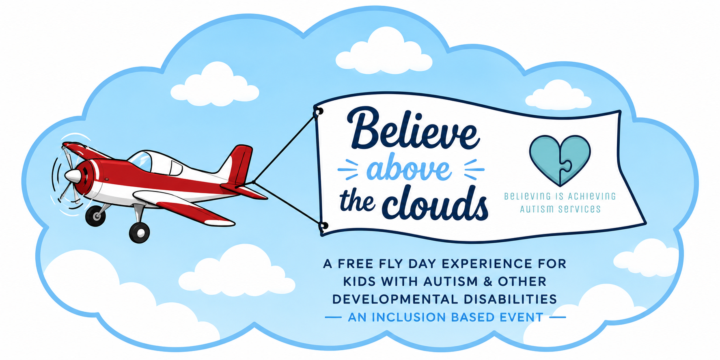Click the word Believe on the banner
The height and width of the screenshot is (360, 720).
413,129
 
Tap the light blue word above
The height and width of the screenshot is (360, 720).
409,169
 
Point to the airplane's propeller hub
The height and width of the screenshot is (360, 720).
73,176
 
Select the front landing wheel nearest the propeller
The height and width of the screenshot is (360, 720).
95,216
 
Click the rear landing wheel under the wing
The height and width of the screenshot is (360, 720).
139,233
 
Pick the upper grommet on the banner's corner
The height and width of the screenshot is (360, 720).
319,111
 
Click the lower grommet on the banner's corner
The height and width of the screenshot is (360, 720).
323,226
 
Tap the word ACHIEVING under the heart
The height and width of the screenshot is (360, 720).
592,196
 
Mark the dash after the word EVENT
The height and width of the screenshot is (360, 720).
558,317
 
